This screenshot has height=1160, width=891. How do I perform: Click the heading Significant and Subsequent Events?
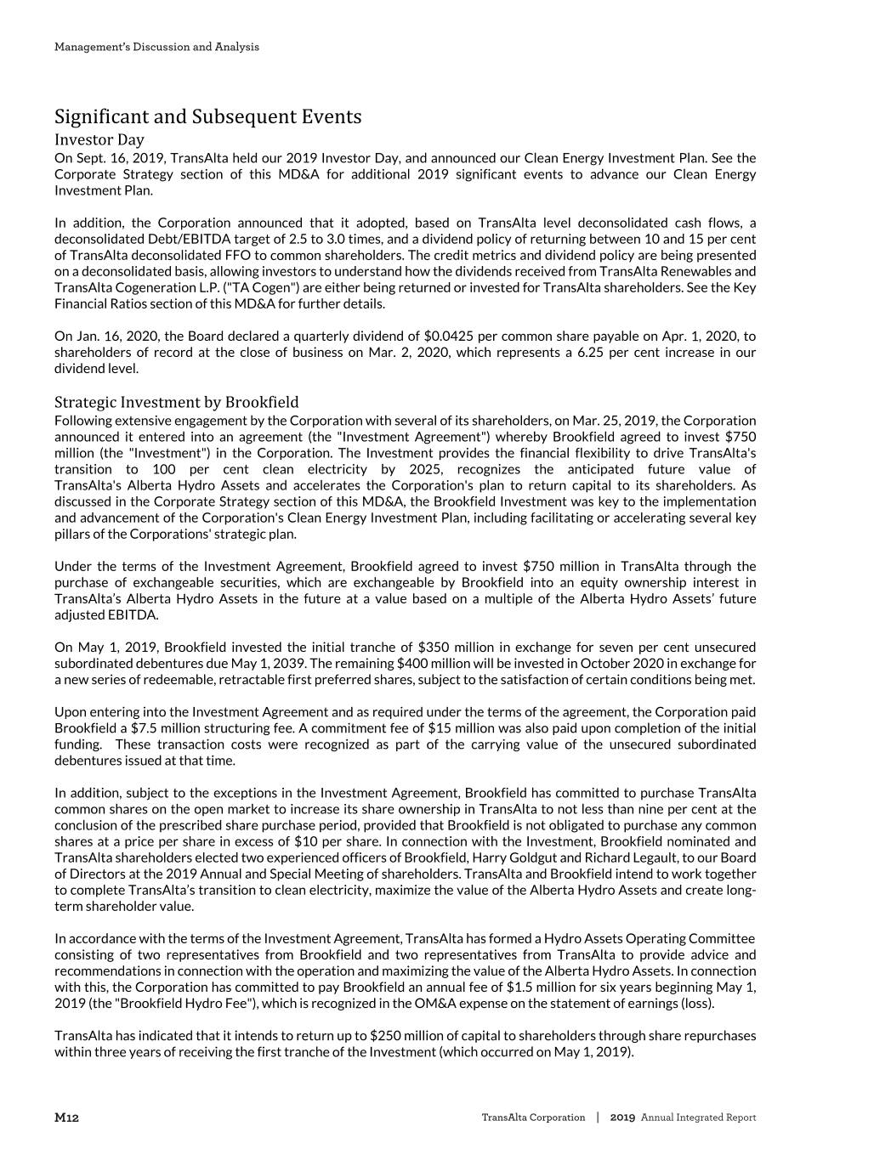tap(207, 116)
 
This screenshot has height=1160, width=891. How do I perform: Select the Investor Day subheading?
tap(99, 139)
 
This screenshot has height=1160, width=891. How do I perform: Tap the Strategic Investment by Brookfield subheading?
tap(176, 402)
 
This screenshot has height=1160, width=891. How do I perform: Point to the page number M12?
tap(66, 1118)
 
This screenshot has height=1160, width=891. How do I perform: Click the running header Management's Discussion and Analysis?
tap(156, 47)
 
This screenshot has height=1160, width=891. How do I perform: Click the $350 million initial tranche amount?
tap(434, 648)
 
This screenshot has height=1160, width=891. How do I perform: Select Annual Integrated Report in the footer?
tap(698, 1118)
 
